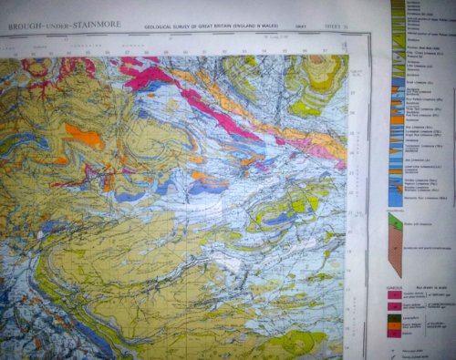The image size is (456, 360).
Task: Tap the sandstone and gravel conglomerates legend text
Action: point(429,251)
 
